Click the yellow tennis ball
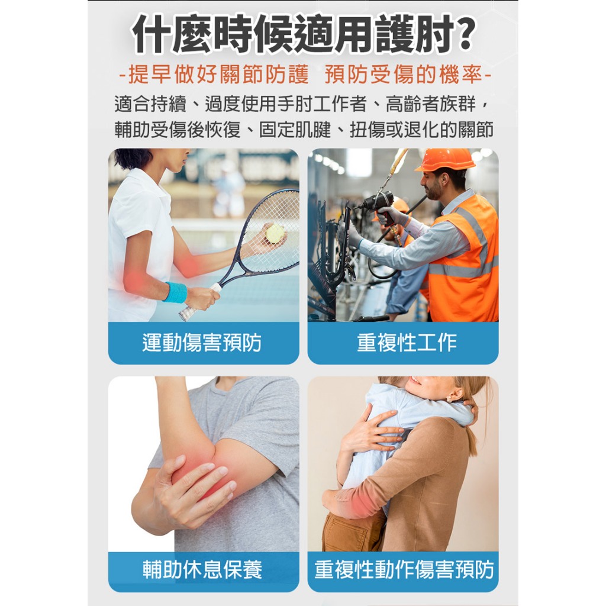[275, 233]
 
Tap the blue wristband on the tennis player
[175, 292]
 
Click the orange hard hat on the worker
[446, 159]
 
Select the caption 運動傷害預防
[202, 343]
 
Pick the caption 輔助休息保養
[202, 570]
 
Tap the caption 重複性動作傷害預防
[404, 570]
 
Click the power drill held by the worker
[376, 204]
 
